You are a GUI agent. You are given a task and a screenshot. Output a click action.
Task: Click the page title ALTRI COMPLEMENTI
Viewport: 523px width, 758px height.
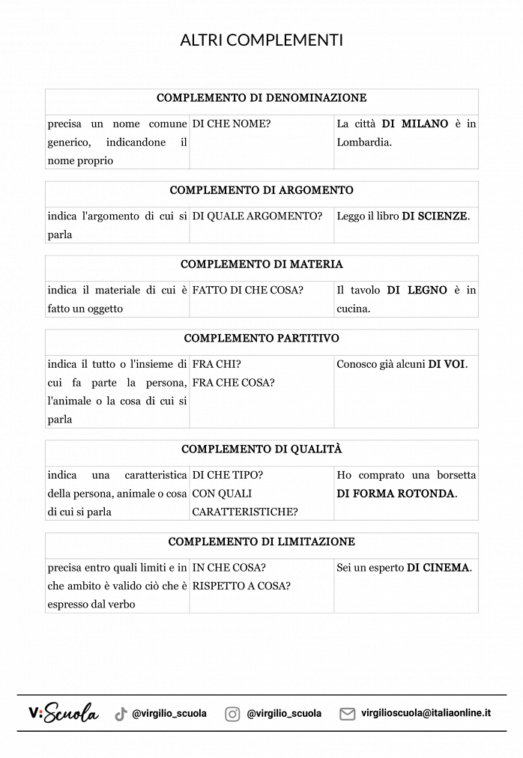click(261, 40)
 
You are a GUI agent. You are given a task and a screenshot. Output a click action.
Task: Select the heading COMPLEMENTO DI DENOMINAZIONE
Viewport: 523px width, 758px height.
click(261, 98)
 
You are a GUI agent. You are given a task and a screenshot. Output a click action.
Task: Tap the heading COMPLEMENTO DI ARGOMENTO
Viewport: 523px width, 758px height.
click(261, 190)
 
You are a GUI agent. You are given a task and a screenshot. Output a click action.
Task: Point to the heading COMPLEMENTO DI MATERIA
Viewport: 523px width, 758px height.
click(261, 264)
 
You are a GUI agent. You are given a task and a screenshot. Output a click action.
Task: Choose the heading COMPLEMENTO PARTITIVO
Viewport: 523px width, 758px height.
click(261, 339)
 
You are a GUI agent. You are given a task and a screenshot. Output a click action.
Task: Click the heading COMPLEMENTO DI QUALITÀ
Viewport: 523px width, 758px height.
click(261, 449)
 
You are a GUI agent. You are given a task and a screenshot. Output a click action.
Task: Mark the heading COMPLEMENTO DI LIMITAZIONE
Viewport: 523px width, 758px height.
click(261, 542)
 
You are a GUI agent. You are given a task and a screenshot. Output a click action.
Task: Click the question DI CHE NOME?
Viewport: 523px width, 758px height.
click(231, 124)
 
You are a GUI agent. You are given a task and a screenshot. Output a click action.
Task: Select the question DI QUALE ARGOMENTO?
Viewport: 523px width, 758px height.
click(257, 216)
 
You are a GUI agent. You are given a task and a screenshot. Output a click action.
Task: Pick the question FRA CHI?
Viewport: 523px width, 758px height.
click(217, 365)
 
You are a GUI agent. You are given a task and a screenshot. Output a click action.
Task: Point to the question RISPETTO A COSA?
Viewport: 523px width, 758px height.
click(241, 586)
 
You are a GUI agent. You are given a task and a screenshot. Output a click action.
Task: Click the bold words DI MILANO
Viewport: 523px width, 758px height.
click(415, 124)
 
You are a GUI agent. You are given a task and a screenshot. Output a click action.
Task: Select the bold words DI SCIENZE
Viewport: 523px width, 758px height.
click(435, 216)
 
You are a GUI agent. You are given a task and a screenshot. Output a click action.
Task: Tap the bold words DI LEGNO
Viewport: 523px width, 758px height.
click(417, 290)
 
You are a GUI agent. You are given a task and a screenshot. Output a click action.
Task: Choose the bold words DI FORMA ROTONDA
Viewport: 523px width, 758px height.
click(396, 494)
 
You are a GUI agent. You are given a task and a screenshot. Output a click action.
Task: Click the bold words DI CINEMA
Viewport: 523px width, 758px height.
click(438, 568)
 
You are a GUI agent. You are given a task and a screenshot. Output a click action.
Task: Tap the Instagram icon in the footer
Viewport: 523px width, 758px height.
click(232, 714)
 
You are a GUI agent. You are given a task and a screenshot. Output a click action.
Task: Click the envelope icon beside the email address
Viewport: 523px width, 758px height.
click(347, 714)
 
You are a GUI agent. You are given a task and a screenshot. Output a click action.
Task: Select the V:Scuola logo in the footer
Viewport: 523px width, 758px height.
click(63, 713)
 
